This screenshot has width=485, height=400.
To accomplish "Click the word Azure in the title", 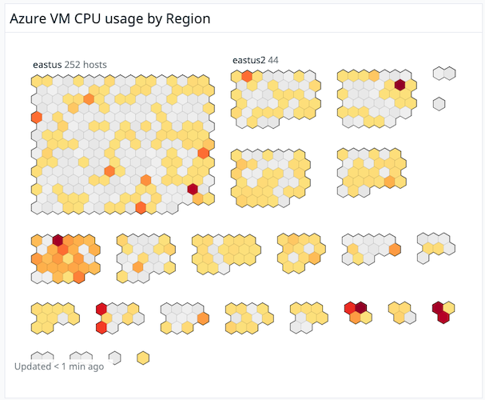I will [x=28, y=18].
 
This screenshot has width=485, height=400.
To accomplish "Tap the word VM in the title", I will [x=61, y=18].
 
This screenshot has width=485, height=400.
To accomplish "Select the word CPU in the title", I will [x=89, y=18].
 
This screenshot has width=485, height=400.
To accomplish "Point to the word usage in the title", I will [x=127, y=18].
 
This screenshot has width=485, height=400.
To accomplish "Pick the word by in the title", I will [x=157, y=18].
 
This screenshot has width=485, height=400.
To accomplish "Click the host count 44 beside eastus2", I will [x=273, y=59].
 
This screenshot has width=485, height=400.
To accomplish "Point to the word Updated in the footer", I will [x=33, y=367].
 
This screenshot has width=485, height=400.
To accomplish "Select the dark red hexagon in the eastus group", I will [x=193, y=189].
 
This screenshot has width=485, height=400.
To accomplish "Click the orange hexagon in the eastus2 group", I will [x=248, y=76].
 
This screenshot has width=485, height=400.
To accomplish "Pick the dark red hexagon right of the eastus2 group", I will [x=400, y=84].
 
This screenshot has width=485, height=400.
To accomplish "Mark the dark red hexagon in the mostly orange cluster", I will [x=58, y=239].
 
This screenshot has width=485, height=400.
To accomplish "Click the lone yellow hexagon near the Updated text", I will [x=144, y=357].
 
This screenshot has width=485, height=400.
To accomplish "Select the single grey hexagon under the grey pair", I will [x=439, y=103].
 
